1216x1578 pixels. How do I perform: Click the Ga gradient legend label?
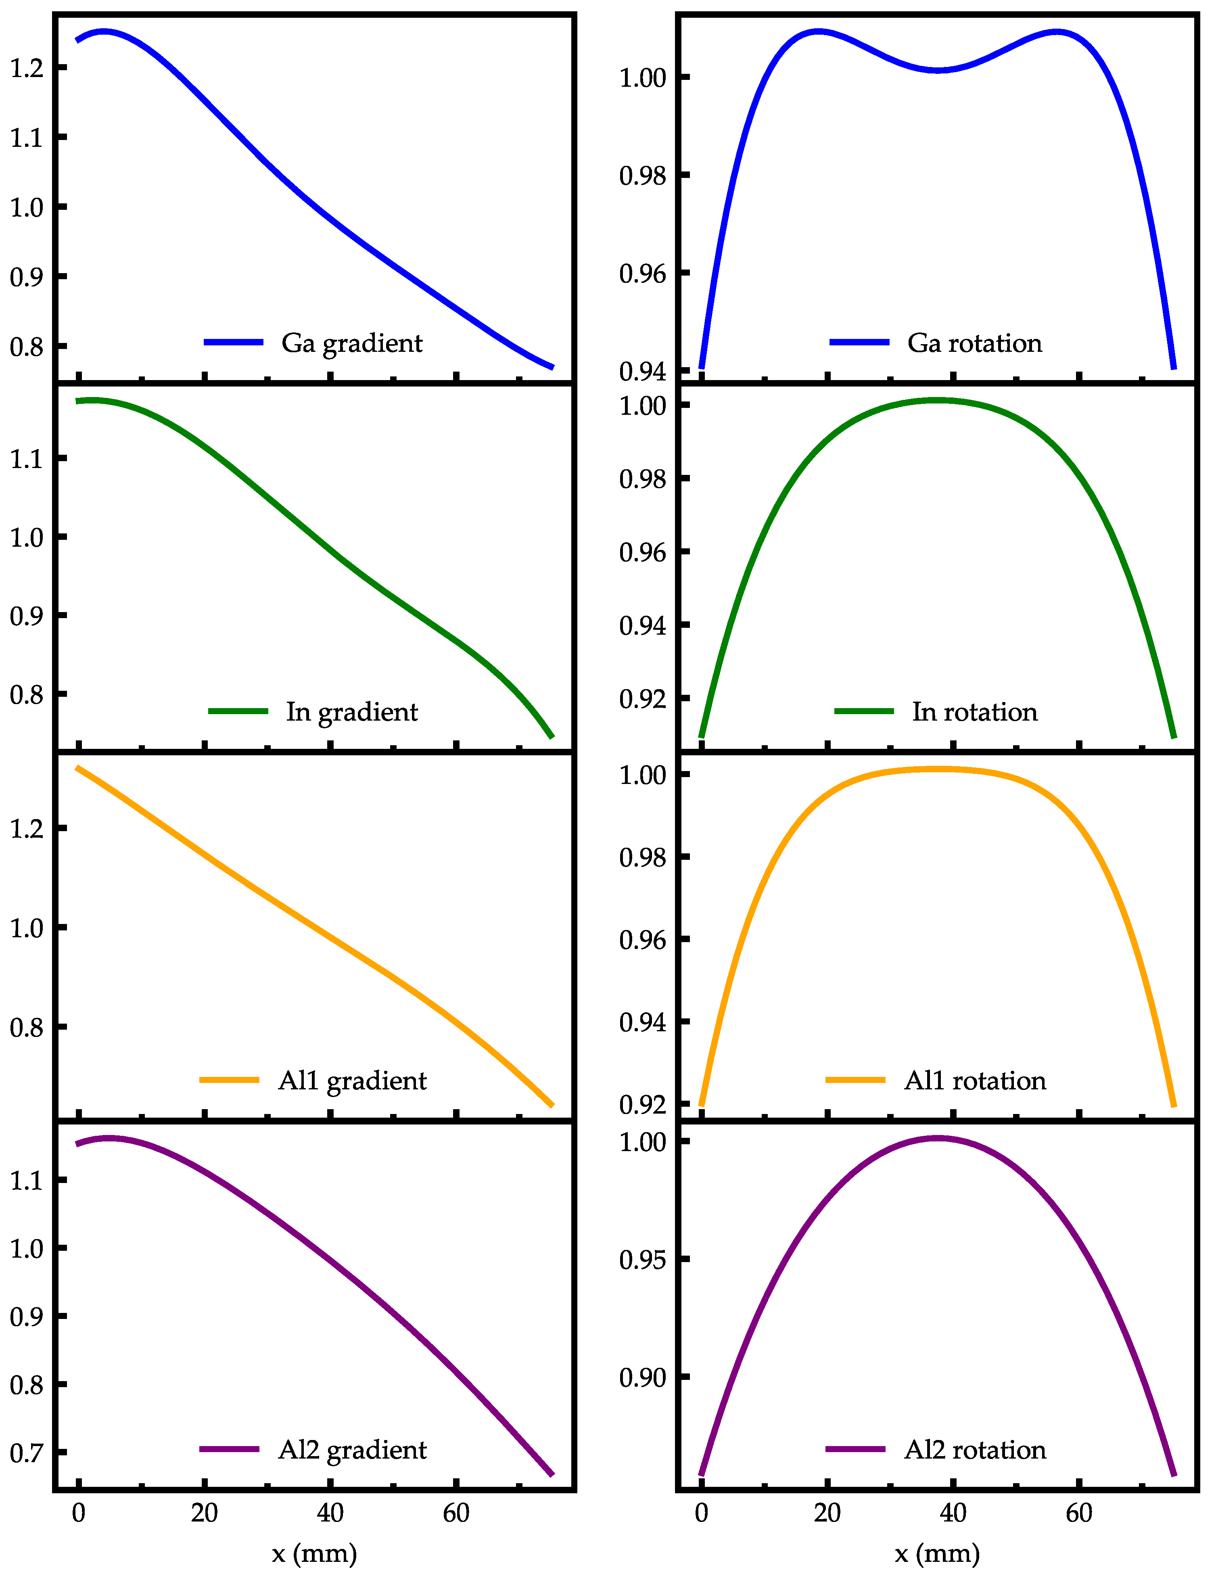[352, 343]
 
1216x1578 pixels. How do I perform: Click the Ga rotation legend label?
[975, 343]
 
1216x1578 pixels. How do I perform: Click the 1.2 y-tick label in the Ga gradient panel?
[27, 68]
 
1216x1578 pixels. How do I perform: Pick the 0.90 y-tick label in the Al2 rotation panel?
[642, 1377]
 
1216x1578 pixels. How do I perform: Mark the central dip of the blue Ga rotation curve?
[937, 70]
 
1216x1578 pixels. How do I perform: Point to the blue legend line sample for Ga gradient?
[233, 342]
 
